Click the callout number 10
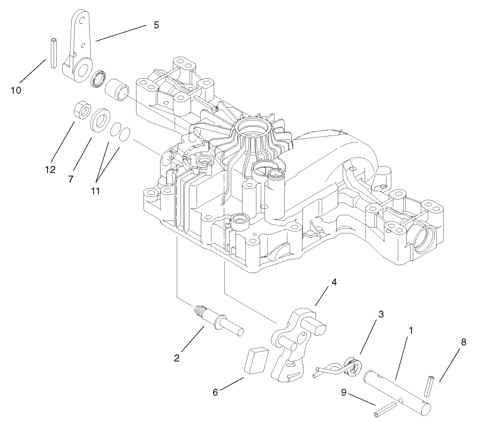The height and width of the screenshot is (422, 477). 16,91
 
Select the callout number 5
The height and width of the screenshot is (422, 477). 156,25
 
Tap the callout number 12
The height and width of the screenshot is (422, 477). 50,170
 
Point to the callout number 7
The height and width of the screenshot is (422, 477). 71,179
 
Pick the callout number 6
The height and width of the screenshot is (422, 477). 215,392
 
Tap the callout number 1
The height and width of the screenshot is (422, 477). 411,331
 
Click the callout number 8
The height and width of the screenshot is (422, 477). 463,341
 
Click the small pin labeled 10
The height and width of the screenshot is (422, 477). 54,52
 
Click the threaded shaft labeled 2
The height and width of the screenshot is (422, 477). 219,322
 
